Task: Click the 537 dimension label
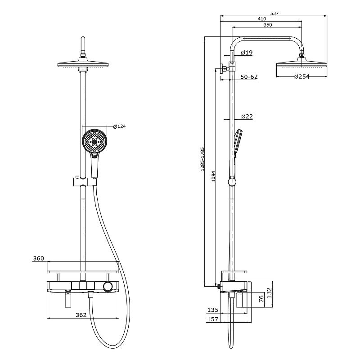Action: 274,13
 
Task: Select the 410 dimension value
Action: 262,19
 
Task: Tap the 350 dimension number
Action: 268,25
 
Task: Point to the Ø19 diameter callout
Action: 247,53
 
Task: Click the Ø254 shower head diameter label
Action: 301,76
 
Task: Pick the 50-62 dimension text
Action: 249,76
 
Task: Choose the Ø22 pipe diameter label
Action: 247,117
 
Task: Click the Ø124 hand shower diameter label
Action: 119,126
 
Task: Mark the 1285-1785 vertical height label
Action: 202,159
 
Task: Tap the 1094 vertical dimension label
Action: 213,176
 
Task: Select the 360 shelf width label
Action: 39,258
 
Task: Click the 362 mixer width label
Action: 81,315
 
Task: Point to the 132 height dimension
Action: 269,293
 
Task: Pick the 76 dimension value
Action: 261,299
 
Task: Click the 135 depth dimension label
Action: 213,310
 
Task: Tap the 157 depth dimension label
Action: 213,319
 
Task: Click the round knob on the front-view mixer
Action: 108,287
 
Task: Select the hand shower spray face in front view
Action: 94,142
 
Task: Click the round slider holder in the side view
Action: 232,182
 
